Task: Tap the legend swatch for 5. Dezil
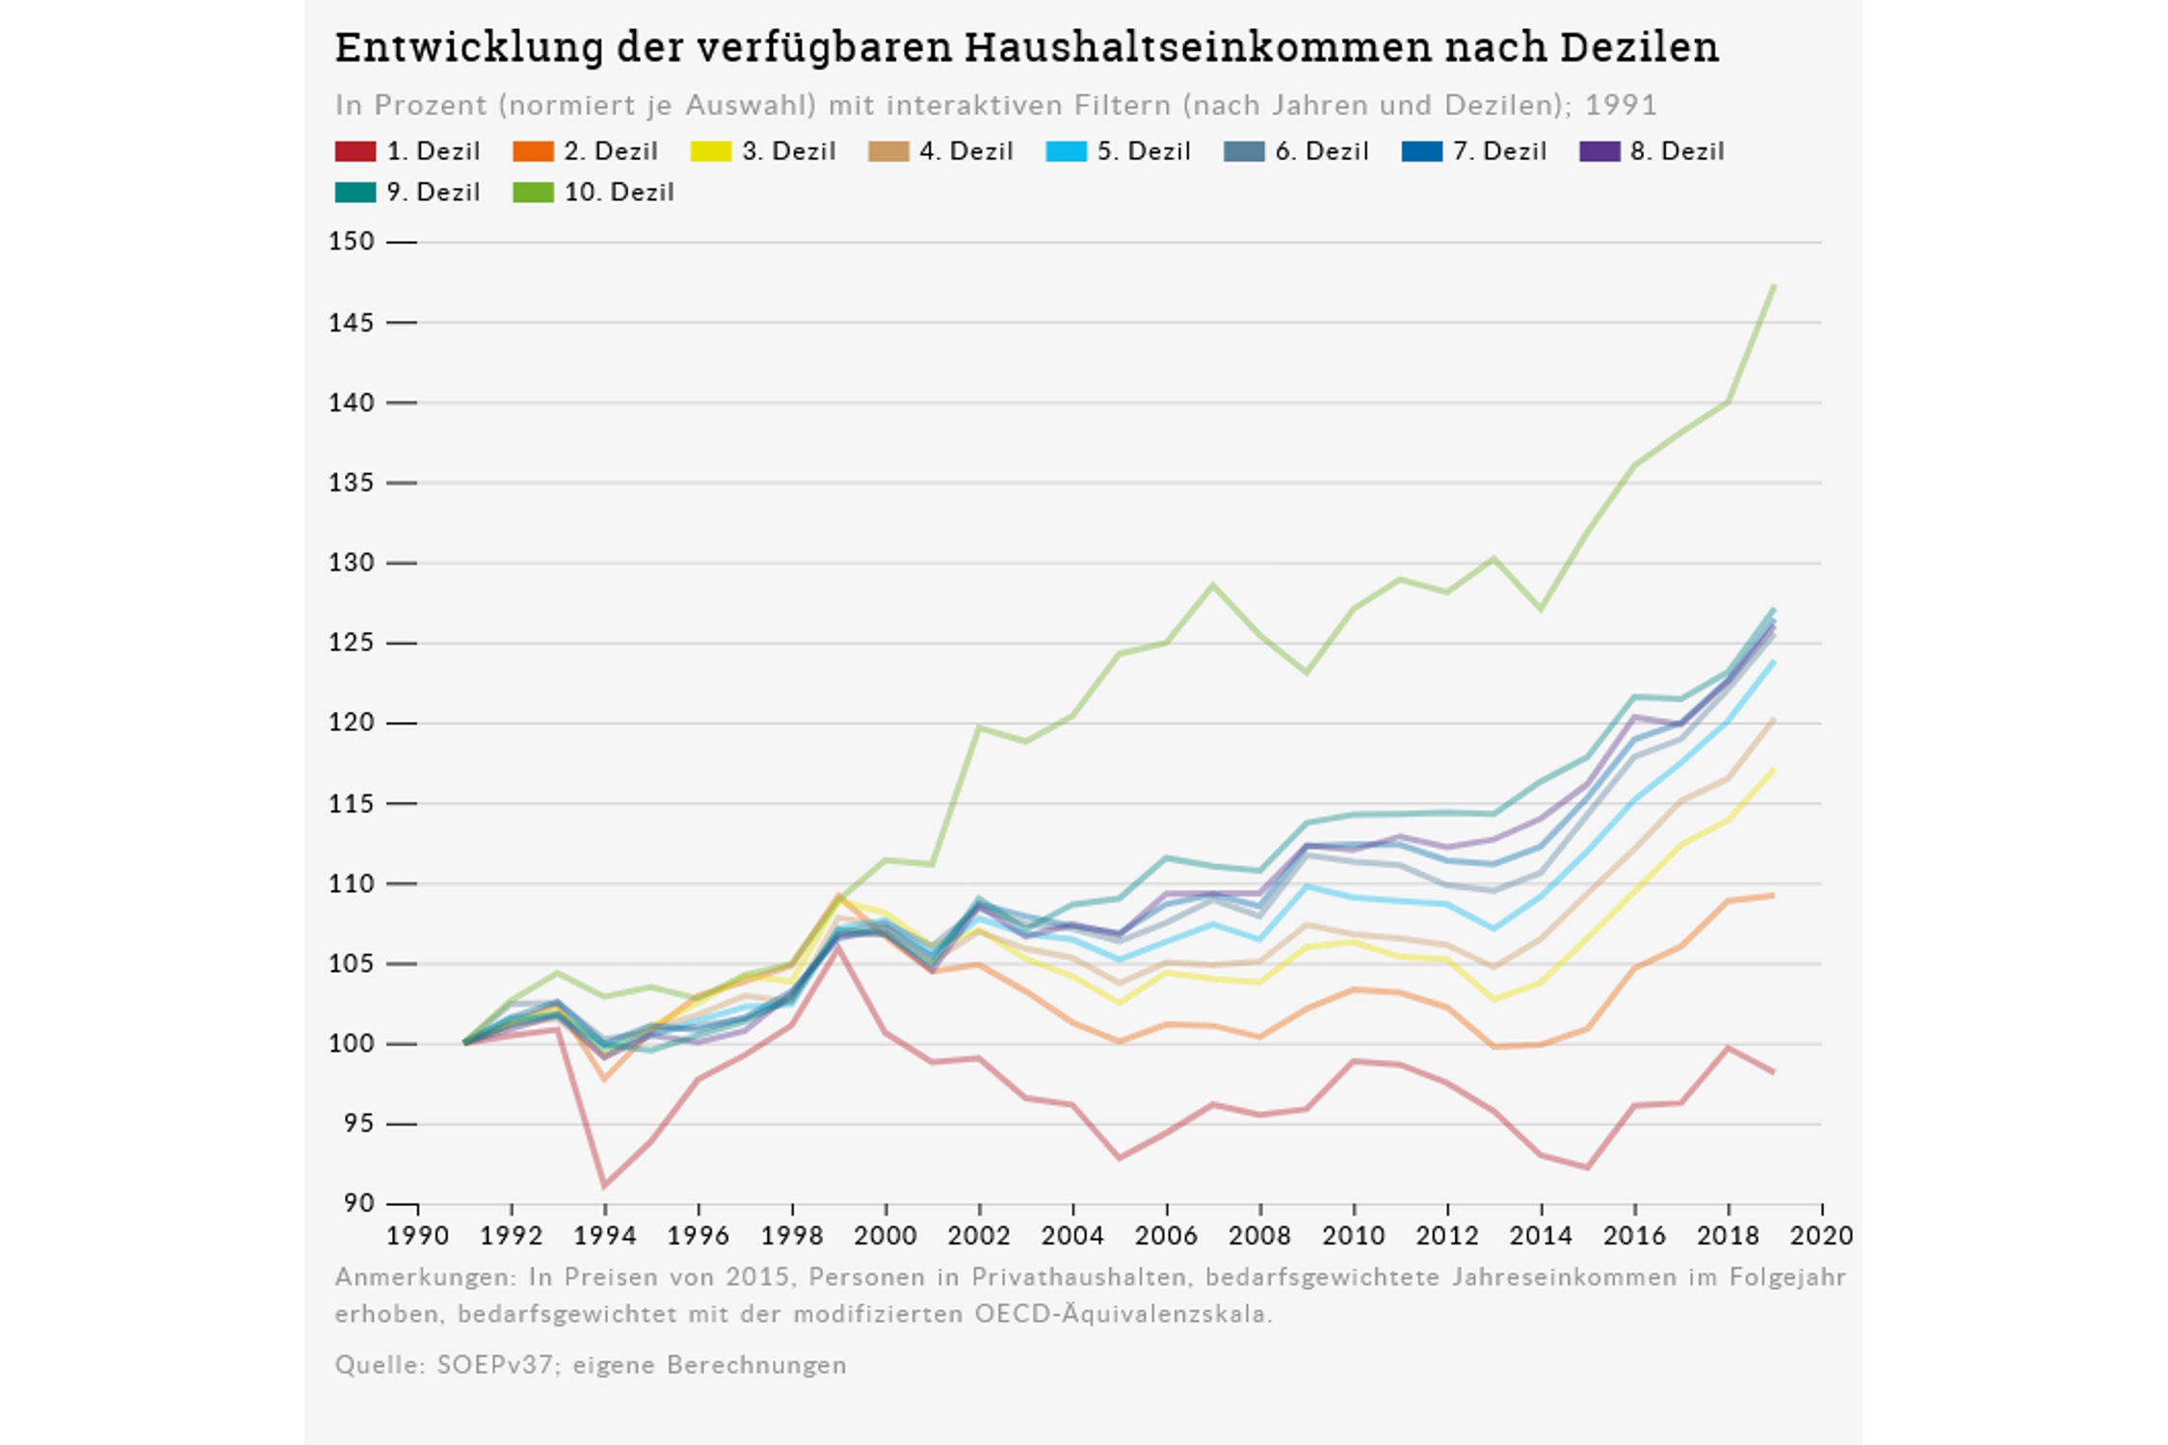1066,151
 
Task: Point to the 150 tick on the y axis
351,242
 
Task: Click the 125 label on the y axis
351,643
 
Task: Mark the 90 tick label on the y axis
357,1203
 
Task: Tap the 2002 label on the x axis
979,1236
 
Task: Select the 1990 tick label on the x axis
417,1236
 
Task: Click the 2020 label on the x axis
1821,1236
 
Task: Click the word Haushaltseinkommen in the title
1198,47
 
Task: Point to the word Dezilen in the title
1639,47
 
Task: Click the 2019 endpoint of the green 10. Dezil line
1774,286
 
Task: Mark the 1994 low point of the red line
604,1186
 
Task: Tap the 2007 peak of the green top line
1213,585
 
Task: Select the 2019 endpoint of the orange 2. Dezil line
1773,895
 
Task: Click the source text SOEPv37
494,1365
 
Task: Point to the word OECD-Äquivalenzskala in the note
1124,1314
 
